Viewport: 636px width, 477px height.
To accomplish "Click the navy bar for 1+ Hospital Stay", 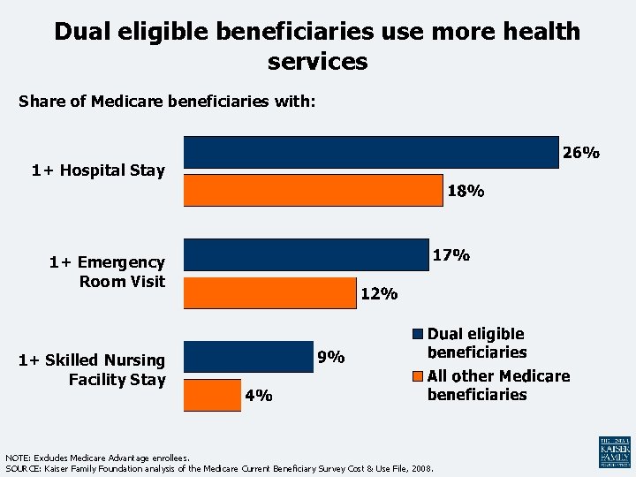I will click(371, 152).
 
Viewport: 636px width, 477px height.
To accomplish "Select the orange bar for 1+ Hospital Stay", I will click(313, 191).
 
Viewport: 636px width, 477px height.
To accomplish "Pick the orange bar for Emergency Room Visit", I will click(269, 293).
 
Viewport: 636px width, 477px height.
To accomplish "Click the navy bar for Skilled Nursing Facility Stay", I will click(247, 357).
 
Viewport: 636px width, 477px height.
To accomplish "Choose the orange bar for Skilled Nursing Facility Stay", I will click(212, 396).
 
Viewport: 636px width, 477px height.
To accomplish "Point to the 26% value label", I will click(581, 153).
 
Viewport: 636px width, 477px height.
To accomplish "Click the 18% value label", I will click(465, 191).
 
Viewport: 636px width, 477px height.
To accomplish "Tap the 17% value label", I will click(450, 255).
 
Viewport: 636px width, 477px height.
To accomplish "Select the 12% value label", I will click(379, 294).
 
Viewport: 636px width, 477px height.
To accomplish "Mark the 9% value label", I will click(331, 358).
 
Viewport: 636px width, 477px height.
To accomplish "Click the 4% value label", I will click(259, 397).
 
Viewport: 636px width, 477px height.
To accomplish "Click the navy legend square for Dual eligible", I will click(417, 335).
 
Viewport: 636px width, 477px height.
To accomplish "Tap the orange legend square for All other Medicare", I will click(417, 376).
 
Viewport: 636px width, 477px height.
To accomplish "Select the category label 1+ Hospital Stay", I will click(98, 170).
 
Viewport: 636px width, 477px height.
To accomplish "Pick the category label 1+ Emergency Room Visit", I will click(107, 271).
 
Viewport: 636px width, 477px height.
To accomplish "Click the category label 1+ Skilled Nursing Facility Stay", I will click(92, 369).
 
